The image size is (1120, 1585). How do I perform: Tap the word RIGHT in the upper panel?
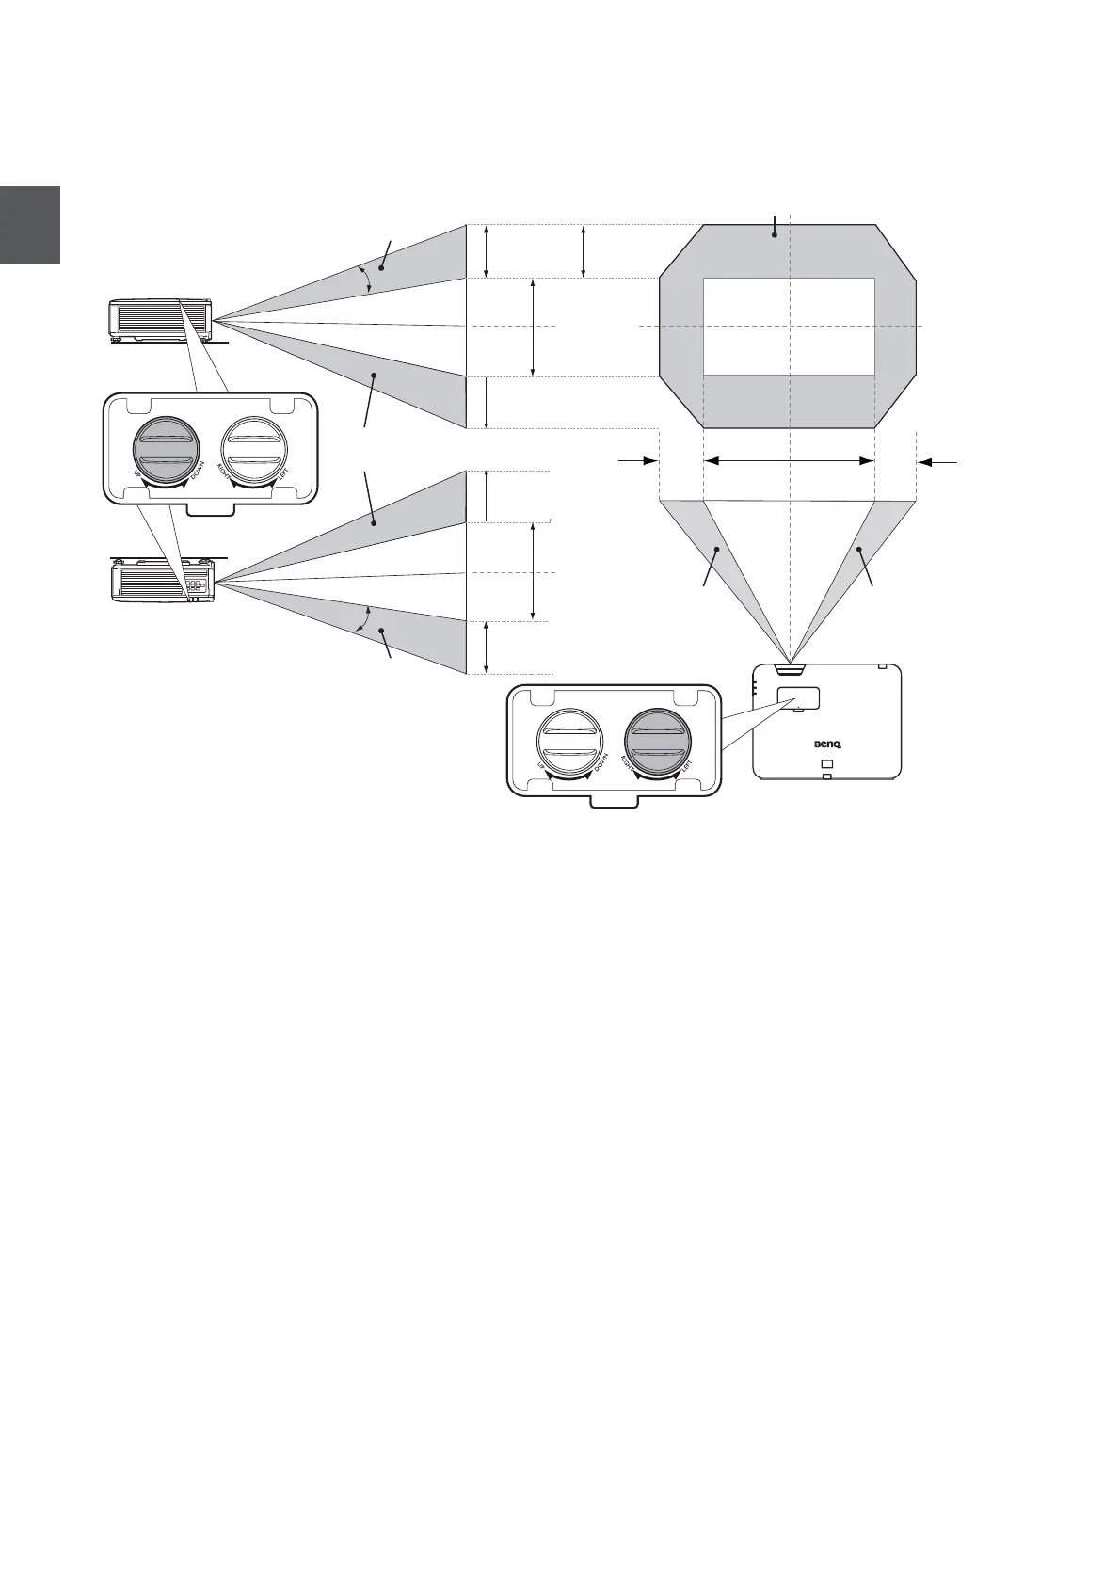click(224, 469)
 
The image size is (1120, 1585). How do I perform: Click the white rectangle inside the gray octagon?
click(789, 326)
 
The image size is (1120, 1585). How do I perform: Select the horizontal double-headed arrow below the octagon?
click(789, 461)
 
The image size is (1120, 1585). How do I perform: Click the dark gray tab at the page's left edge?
click(30, 224)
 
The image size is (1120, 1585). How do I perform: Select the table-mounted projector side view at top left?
click(161, 320)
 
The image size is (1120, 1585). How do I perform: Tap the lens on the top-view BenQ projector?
click(790, 670)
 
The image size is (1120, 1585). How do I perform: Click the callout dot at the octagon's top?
click(774, 235)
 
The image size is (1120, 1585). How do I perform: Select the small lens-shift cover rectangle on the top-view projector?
click(799, 697)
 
